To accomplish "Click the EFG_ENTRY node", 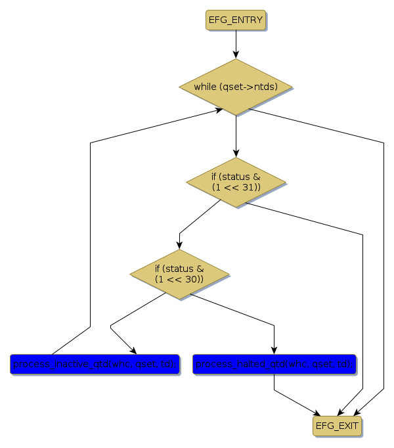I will (x=236, y=20).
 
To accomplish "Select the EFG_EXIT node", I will (x=337, y=426).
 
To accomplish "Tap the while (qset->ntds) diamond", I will (x=236, y=87).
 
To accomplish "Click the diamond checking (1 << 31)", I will (x=236, y=182).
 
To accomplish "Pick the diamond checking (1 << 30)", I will (x=179, y=274).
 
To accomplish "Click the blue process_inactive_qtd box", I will (x=95, y=363).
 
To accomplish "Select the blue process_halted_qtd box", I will (x=274, y=363).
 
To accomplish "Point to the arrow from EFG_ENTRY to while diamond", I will (x=236, y=45).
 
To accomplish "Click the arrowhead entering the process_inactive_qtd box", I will (x=133, y=350).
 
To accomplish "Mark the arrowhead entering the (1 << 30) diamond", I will (x=179, y=246).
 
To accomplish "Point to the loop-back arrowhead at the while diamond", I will (x=220, y=110).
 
